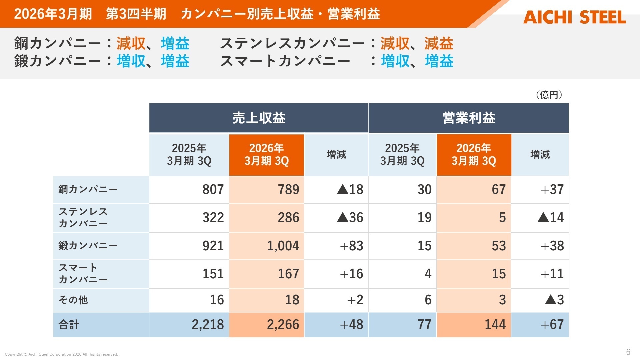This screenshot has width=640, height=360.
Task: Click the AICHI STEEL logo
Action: (574, 17)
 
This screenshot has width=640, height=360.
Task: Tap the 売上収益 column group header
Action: (259, 118)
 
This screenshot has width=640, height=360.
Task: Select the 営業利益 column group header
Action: (468, 118)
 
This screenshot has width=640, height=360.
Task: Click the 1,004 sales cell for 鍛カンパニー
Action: (283, 246)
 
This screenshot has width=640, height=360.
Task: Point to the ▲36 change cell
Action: (350, 218)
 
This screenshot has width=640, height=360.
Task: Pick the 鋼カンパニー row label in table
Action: (88, 189)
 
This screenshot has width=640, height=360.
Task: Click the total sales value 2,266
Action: (283, 325)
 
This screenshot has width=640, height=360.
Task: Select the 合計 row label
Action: (69, 325)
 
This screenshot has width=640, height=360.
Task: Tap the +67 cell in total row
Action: (552, 325)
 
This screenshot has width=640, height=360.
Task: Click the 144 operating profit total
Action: (495, 325)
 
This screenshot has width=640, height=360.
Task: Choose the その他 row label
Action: (73, 300)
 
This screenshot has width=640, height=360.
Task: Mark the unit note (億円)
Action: (549, 95)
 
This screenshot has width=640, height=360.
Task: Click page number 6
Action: (628, 352)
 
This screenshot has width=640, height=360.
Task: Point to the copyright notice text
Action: (61, 354)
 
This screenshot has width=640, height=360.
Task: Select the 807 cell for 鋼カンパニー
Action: (213, 190)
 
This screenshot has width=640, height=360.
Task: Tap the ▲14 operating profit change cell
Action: (551, 218)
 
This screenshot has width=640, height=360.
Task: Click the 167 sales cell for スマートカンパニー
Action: (288, 274)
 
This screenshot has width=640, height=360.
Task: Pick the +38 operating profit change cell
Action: (552, 246)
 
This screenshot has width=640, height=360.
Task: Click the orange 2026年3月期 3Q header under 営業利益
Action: (474, 155)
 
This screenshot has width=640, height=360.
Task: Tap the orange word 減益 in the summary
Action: (439, 44)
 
